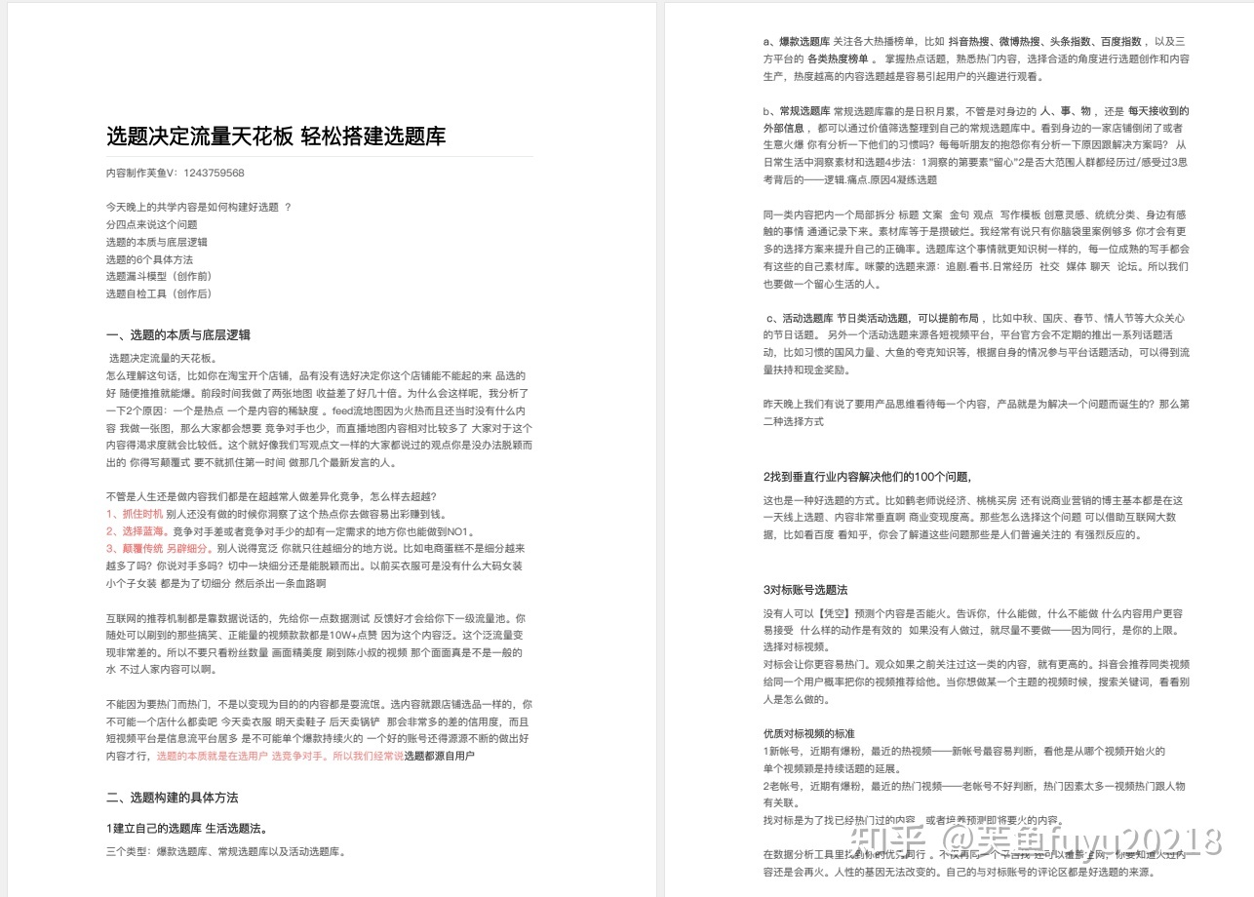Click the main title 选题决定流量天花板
coord(199,136)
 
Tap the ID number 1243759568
coord(214,173)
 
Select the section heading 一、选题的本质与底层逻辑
coord(178,334)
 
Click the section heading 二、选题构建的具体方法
coord(173,797)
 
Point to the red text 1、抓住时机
coord(135,513)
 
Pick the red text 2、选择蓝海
coord(137,531)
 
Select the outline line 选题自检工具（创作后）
coord(159,293)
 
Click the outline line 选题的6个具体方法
coord(149,259)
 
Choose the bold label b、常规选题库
coord(797,111)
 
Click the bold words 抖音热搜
coord(975,42)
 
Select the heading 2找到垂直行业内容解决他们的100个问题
coord(867,477)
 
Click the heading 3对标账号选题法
coord(805,590)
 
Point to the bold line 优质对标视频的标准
coord(809,733)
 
